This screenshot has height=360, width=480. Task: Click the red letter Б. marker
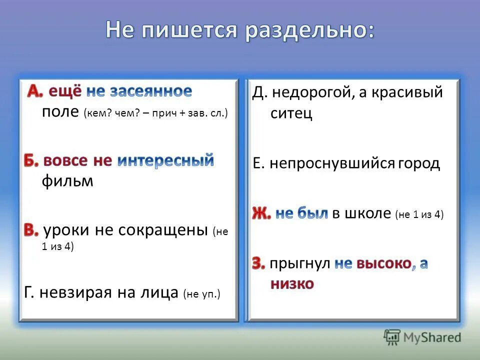pyautogui.click(x=31, y=161)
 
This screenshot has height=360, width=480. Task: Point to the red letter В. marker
pyautogui.click(x=31, y=230)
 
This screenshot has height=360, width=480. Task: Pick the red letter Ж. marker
pyautogui.click(x=261, y=214)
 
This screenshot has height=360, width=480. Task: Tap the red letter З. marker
pyautogui.click(x=258, y=264)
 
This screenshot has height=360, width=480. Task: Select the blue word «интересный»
pyautogui.click(x=165, y=161)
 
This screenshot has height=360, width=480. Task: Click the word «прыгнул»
pyautogui.click(x=300, y=264)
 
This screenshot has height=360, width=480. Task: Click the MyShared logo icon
pyautogui.click(x=392, y=337)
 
